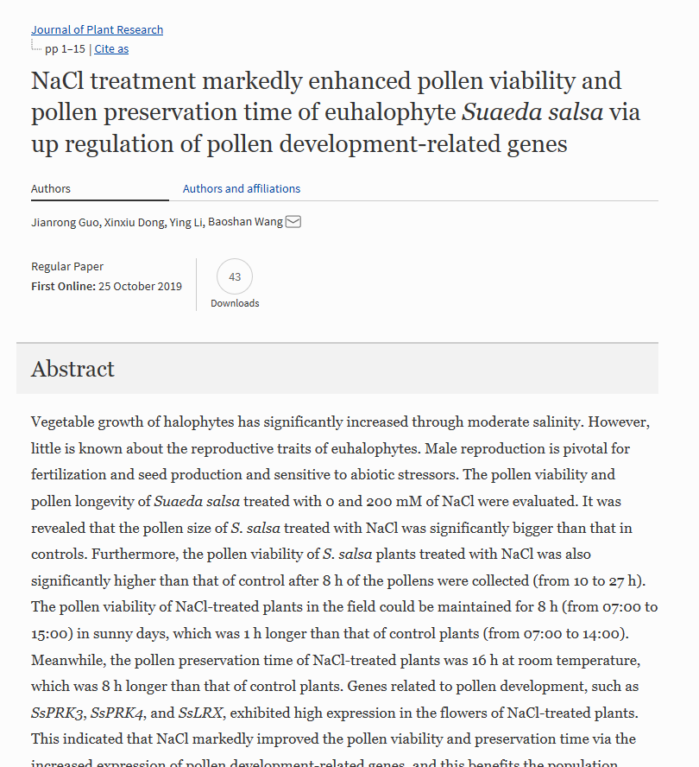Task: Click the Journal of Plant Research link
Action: click(x=97, y=29)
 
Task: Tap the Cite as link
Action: click(x=111, y=48)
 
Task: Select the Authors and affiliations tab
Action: click(x=242, y=188)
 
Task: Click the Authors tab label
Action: click(x=51, y=188)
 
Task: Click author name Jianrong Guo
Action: click(x=65, y=222)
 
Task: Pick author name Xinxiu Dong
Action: click(x=134, y=222)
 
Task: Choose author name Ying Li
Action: click(x=186, y=222)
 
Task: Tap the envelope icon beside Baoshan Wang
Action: click(x=293, y=222)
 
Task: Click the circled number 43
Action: click(x=235, y=276)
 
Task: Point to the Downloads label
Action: click(x=235, y=303)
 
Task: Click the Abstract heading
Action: click(x=72, y=369)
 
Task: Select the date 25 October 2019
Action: click(x=140, y=286)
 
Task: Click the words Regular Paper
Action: click(x=67, y=266)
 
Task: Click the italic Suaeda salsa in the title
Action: click(x=532, y=112)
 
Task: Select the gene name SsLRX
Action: click(x=201, y=713)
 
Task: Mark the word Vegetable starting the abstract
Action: click(x=64, y=422)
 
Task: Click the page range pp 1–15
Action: click(x=65, y=48)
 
